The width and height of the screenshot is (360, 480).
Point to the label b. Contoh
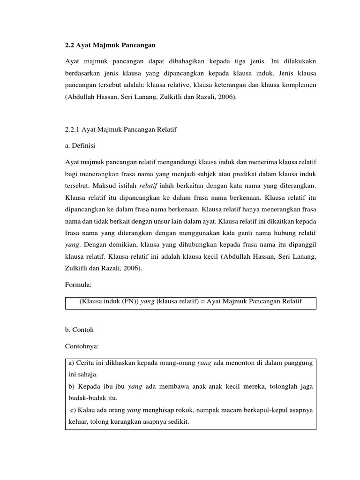coord(80,330)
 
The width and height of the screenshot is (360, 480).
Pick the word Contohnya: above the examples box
coord(82,346)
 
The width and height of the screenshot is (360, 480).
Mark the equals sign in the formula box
coord(197,302)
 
